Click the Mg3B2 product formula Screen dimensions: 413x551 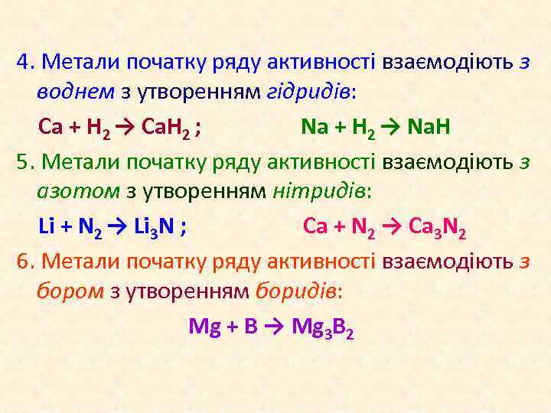tap(321, 327)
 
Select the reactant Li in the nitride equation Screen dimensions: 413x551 tap(47, 226)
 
